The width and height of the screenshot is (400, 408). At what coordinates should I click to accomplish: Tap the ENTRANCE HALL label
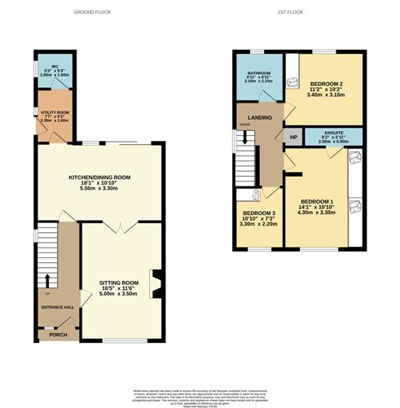pos(57,307)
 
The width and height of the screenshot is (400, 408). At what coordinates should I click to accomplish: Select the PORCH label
pos(57,334)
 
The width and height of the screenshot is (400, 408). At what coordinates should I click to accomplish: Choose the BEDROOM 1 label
pos(316,201)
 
